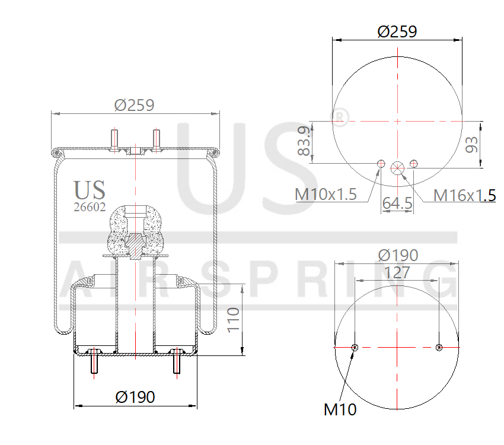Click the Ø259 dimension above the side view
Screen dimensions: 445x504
[x=135, y=105]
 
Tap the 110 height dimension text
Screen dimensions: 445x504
[x=233, y=320]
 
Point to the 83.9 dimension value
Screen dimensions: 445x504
[x=303, y=142]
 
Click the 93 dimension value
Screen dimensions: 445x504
[x=472, y=144]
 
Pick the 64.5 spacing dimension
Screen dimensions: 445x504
[x=397, y=203]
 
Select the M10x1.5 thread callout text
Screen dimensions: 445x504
[x=326, y=194]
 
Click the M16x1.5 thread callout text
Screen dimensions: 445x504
[x=464, y=195]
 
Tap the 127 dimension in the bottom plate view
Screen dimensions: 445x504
[x=396, y=272]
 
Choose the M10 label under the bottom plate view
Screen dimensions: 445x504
[x=340, y=409]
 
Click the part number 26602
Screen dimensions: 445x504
[x=89, y=207]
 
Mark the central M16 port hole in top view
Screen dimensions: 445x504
[x=397, y=167]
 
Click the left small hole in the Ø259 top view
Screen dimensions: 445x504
[x=381, y=163]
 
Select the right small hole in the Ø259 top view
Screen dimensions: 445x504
[x=414, y=163]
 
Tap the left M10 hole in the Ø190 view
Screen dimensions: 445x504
[x=355, y=347]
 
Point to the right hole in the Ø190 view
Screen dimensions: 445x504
[x=439, y=347]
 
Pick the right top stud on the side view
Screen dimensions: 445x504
[x=157, y=139]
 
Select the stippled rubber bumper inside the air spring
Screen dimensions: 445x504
[x=136, y=231]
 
